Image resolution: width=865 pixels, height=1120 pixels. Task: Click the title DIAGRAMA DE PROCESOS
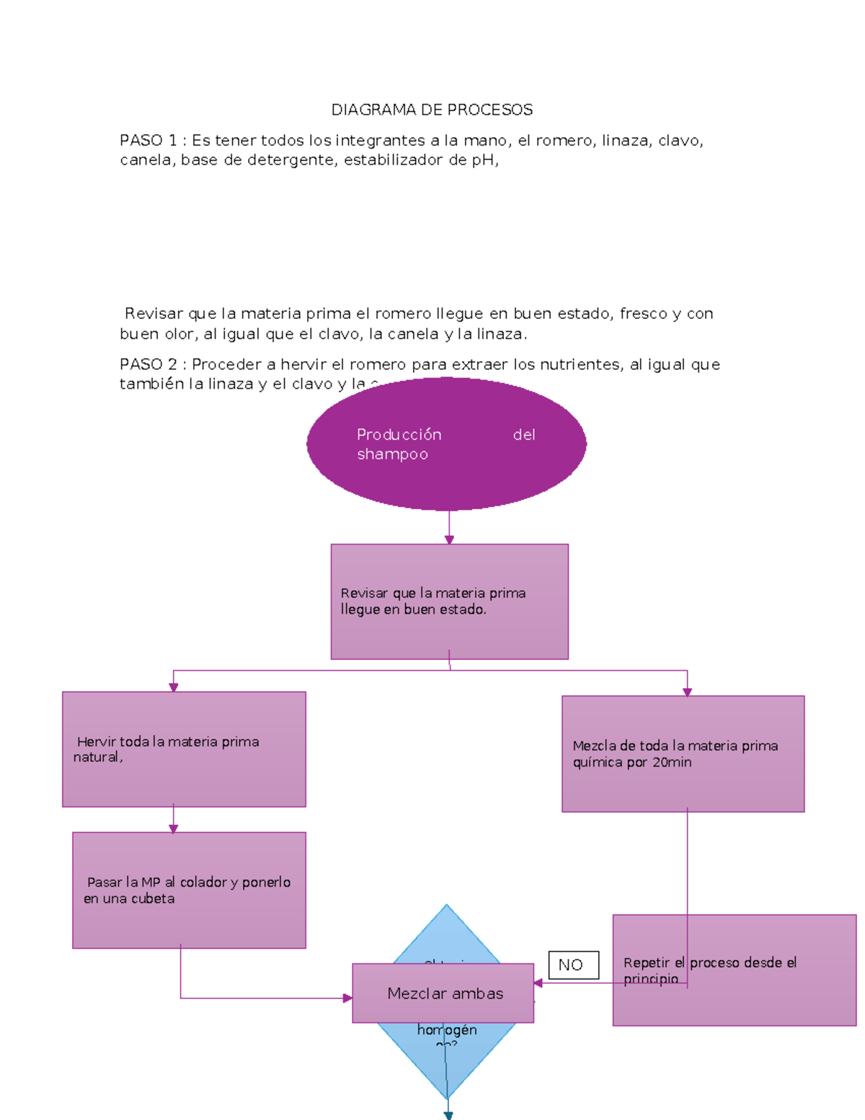(x=432, y=110)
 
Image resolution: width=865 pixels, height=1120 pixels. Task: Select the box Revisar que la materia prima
(x=449, y=601)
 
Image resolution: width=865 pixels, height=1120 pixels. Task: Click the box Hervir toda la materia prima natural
(x=184, y=749)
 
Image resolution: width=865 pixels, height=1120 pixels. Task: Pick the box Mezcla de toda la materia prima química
(x=683, y=754)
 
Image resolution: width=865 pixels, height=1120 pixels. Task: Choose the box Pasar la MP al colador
(x=189, y=890)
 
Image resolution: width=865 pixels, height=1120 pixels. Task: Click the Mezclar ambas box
(x=443, y=993)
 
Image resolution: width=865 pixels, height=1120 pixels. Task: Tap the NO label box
(x=574, y=965)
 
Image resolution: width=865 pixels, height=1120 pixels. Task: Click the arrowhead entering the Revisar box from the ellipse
(x=449, y=540)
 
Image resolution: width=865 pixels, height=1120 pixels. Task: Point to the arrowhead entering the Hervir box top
(x=173, y=687)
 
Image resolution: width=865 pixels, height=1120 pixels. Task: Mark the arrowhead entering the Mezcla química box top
(x=687, y=692)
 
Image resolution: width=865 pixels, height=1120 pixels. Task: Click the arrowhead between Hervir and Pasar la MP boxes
(x=173, y=829)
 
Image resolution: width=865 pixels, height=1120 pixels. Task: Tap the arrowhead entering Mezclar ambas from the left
(x=347, y=998)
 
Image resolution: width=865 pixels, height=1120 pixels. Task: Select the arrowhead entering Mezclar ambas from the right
(x=538, y=983)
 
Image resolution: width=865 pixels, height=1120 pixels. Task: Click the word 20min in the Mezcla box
(x=672, y=762)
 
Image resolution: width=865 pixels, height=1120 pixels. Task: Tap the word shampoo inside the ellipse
(x=392, y=454)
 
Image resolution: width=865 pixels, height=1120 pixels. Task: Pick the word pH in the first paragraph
(x=482, y=160)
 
